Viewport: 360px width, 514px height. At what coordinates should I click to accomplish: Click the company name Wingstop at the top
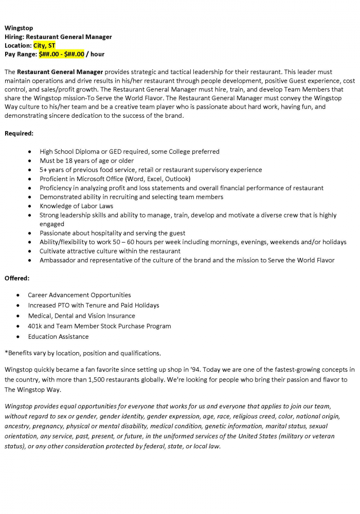(19, 28)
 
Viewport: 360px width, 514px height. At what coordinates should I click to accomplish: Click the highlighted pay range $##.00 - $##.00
(61, 54)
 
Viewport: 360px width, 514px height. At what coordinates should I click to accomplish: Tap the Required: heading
(19, 134)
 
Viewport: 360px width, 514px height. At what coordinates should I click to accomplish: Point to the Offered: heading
(17, 278)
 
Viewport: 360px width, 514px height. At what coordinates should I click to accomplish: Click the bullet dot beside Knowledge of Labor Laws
(32, 206)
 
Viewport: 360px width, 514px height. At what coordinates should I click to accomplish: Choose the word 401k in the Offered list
(36, 326)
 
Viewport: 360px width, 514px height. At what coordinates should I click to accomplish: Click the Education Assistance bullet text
(58, 337)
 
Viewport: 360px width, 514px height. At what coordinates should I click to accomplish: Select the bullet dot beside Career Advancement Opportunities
(19, 296)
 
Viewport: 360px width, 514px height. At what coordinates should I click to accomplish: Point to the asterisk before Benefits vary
(6, 353)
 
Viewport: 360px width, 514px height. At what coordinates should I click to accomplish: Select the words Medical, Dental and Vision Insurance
(81, 316)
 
